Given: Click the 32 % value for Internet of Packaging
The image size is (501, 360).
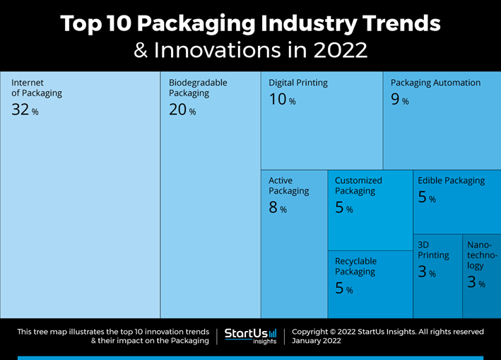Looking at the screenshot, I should tap(25, 110).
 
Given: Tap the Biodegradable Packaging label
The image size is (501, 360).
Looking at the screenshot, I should tap(198, 88).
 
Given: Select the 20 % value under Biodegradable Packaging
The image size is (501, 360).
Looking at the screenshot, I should tap(182, 110).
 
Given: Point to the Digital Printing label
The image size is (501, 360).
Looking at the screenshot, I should tap(297, 83).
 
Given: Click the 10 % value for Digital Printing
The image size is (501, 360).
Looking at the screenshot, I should tap(282, 100).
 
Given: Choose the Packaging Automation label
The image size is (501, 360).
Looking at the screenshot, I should tap(435, 83).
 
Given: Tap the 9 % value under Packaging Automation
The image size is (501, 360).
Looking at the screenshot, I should tap(399, 100).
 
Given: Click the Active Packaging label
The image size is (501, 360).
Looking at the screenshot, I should tap(288, 185).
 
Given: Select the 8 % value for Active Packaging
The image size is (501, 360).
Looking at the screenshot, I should tap(278, 208).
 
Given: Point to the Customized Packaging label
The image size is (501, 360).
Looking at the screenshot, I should tap(358, 185).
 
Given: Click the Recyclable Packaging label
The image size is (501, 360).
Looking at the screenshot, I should tap(355, 267).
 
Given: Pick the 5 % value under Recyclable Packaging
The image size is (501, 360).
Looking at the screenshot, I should tap(343, 289).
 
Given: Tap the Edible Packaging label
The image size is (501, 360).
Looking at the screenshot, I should tap(451, 180).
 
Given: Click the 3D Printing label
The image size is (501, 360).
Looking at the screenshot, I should tap(432, 250).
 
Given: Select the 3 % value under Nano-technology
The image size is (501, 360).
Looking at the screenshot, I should tap(476, 282).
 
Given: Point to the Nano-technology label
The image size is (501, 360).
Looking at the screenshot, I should tap(482, 255).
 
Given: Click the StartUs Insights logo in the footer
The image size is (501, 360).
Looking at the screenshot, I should tap(251, 335).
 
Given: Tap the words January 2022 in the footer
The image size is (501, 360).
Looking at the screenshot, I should tap(316, 340).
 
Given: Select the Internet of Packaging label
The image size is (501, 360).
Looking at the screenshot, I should tap(37, 88).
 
